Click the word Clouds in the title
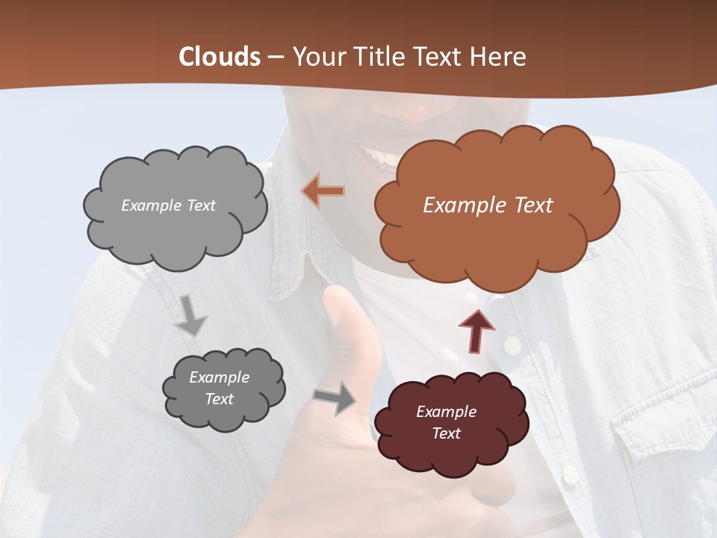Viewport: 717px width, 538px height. point(219,57)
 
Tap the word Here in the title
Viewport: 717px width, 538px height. point(497,57)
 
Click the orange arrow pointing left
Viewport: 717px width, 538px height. point(323,191)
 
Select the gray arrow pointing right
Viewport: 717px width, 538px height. point(335,398)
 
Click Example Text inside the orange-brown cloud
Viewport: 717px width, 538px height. point(488,205)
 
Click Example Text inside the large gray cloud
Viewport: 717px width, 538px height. point(168,205)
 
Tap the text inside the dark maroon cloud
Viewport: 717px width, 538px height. point(446,422)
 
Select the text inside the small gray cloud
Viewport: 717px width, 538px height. point(219,389)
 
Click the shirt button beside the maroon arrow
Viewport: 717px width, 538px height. point(512,344)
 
